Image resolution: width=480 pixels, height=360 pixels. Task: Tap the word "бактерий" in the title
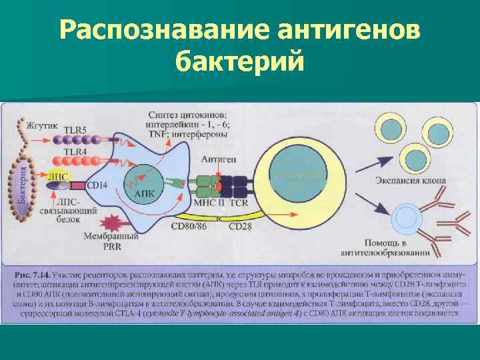click(x=239, y=63)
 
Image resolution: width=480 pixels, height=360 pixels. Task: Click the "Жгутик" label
click(x=42, y=125)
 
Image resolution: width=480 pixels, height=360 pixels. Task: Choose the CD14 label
click(x=97, y=185)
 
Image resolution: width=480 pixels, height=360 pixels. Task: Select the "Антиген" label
click(x=217, y=160)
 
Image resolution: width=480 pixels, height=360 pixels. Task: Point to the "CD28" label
click(x=240, y=227)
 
